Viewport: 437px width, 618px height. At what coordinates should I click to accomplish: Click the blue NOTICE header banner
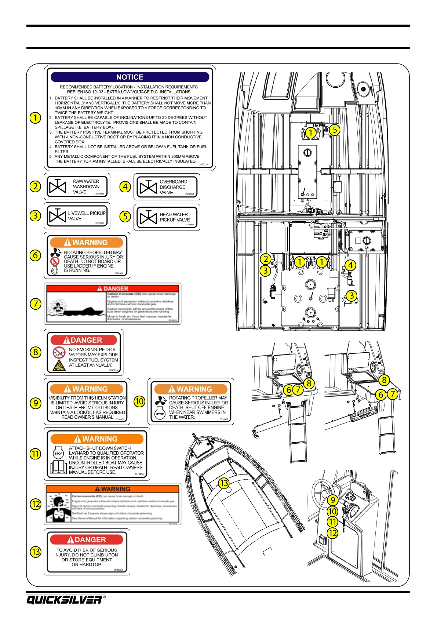[x=130, y=77]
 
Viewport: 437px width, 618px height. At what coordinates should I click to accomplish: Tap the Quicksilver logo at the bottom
[x=64, y=600]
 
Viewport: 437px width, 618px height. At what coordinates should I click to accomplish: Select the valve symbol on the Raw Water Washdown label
[x=58, y=187]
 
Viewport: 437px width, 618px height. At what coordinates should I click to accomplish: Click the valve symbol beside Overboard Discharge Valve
[x=148, y=187]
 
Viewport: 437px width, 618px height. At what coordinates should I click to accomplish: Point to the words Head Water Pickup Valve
[x=174, y=217]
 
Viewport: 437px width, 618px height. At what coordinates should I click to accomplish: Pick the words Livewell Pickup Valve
[x=86, y=216]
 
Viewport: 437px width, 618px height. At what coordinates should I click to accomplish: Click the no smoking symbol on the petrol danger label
[x=59, y=352]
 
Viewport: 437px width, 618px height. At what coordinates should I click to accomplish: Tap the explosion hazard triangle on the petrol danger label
[x=59, y=365]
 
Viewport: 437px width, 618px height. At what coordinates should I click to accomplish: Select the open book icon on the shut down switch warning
[x=59, y=466]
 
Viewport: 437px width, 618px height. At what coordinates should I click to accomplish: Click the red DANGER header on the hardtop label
[x=87, y=539]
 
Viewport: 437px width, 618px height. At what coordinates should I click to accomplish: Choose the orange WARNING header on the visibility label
[x=87, y=389]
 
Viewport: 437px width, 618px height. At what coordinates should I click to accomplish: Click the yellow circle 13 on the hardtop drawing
[x=224, y=483]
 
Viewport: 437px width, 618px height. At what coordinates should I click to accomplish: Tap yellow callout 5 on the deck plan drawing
[x=335, y=130]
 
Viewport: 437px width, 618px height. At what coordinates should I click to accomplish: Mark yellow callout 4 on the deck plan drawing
[x=350, y=265]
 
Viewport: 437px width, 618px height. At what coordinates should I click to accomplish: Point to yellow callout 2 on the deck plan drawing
[x=266, y=259]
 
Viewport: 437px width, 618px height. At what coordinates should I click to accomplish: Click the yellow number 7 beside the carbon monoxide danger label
[x=36, y=304]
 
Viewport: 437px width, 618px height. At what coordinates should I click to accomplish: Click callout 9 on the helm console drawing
[x=332, y=500]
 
